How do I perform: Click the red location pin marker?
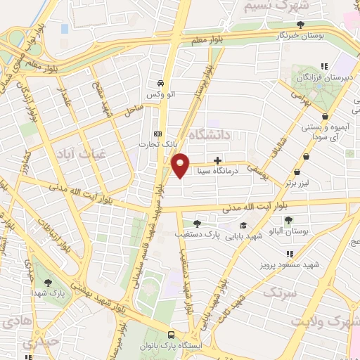(181, 165)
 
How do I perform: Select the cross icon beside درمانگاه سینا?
(217, 160)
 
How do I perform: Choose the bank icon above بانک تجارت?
(157, 133)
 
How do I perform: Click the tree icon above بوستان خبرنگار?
(301, 25)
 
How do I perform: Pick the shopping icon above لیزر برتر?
(297, 172)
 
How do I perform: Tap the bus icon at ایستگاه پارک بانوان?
(172, 335)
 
